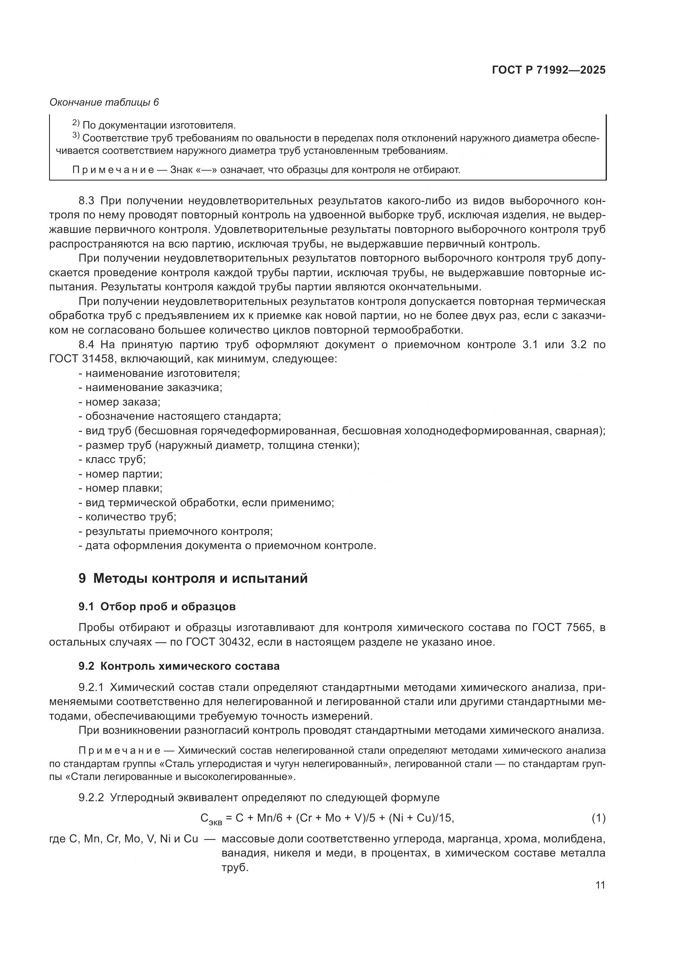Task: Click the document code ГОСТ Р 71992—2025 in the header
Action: pos(549,70)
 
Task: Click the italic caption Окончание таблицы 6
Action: pos(104,102)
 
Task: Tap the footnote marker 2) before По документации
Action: pos(76,123)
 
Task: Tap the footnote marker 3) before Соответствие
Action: pos(76,136)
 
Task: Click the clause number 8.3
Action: pos(87,201)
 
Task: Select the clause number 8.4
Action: pos(87,344)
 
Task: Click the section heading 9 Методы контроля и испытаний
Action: pos(193,579)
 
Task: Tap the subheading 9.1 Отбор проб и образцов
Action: pos(157,607)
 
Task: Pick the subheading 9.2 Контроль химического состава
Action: pos(179,666)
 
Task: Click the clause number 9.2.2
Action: pos(91,798)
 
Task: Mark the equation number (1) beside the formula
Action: pos(598,818)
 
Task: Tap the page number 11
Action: pos(600,885)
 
